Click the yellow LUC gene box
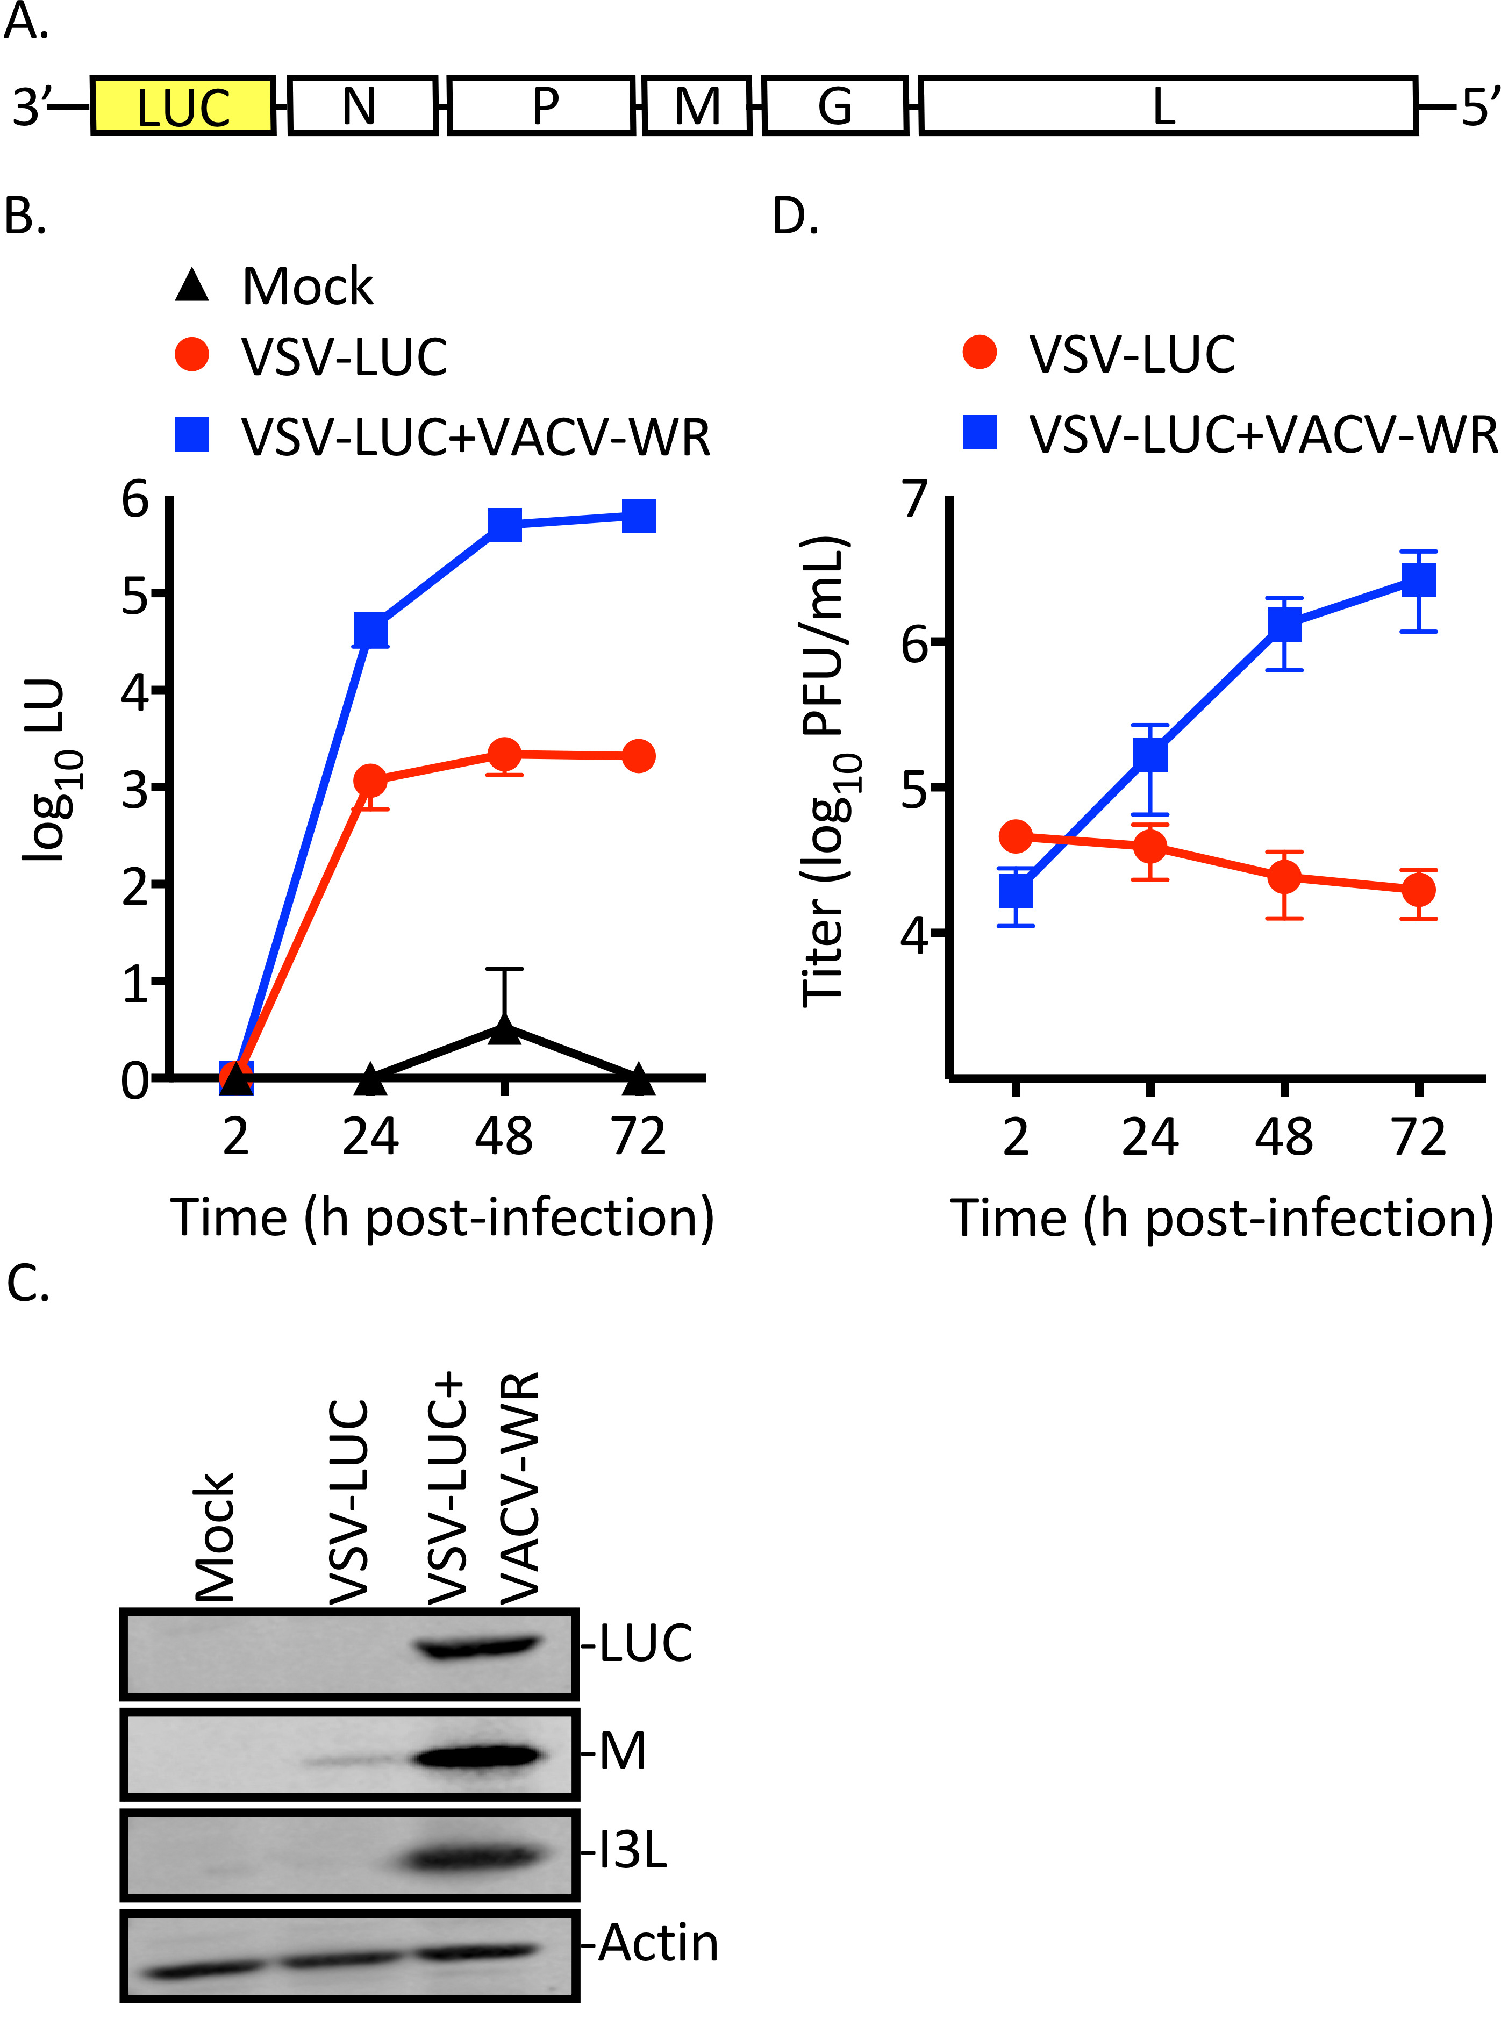(183, 106)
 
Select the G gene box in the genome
(835, 106)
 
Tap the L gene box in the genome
(1168, 106)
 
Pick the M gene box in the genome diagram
(697, 106)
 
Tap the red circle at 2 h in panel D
(1016, 836)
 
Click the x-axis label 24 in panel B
(370, 1136)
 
